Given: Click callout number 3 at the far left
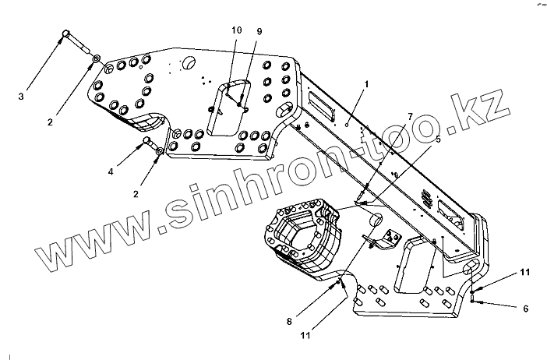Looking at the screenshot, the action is point(21,97).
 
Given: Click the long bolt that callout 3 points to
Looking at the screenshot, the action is point(76,43).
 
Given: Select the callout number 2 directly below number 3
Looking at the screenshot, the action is point(50,122).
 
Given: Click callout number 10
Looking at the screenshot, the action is point(236,30).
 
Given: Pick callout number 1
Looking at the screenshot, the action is point(367,83).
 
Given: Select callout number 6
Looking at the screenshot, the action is point(525,309).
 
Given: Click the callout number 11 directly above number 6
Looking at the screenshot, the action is point(525,271).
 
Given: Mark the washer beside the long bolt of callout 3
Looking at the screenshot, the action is point(95,58).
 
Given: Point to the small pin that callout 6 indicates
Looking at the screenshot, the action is point(475,297).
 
